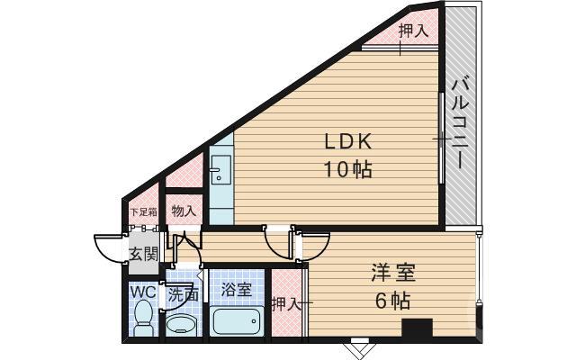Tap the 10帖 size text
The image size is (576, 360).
(x=348, y=168)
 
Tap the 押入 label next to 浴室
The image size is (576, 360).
(x=285, y=304)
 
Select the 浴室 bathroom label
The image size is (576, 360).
(x=237, y=290)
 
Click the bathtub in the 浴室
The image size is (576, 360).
(x=236, y=320)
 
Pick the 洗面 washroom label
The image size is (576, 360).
(x=184, y=293)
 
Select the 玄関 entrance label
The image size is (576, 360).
(x=142, y=254)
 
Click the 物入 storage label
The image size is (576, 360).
(x=184, y=211)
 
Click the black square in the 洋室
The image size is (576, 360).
(x=416, y=328)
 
